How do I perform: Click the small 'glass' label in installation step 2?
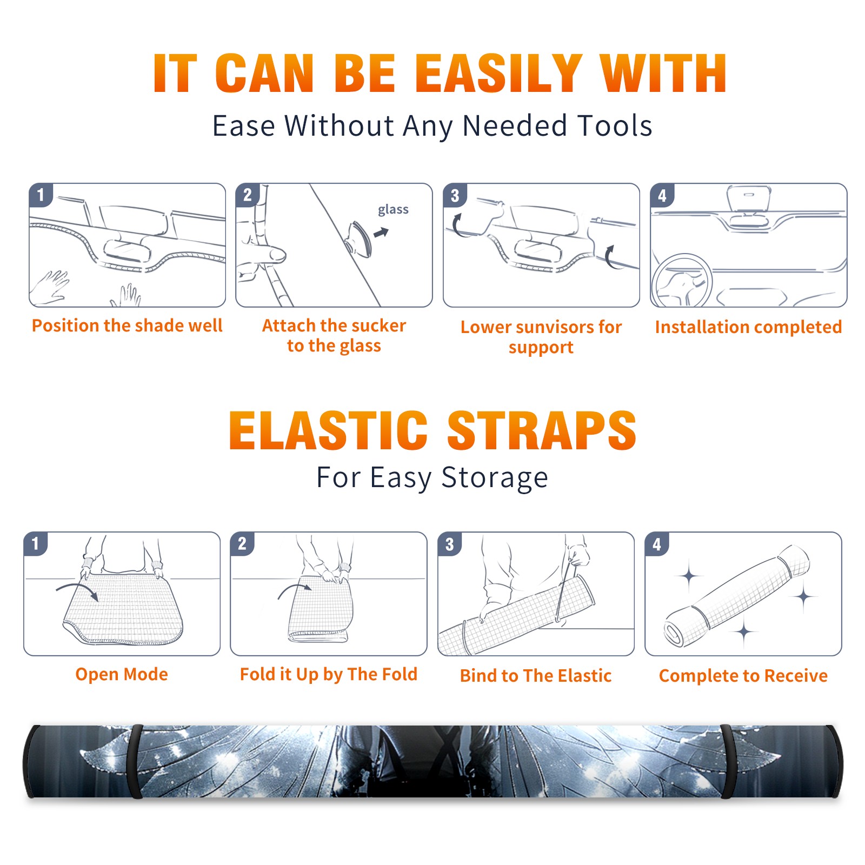(393, 209)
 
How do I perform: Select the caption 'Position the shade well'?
(127, 325)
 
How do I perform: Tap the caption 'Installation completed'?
(748, 327)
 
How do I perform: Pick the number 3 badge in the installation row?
(455, 196)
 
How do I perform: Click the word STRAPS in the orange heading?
(542, 430)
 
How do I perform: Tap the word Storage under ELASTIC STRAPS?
(495, 478)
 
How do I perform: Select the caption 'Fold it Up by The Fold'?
(329, 674)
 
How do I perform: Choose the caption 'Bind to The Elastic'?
(536, 676)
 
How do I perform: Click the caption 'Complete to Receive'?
(743, 676)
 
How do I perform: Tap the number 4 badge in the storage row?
(657, 544)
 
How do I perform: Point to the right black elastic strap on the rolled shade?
(728, 761)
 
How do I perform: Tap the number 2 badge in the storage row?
(242, 544)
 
